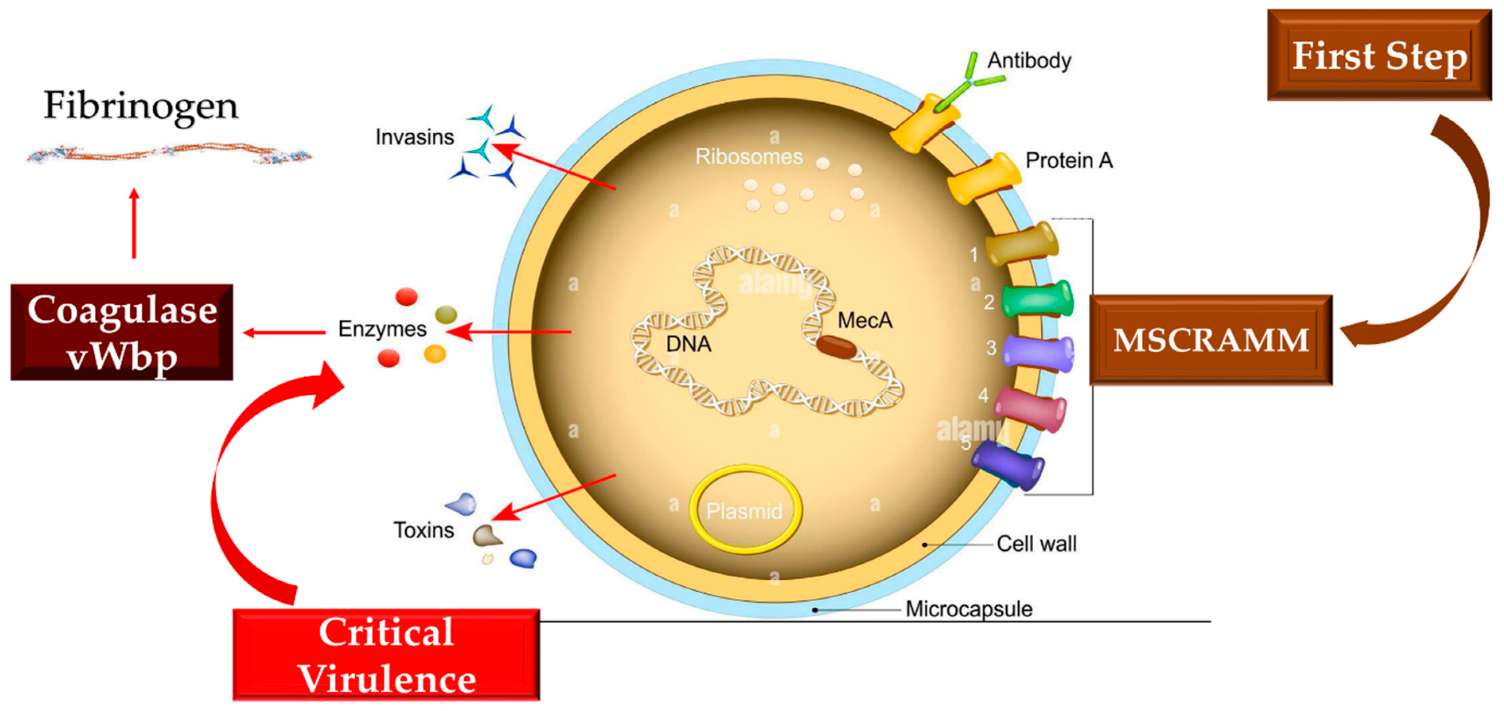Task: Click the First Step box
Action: [x=1379, y=55]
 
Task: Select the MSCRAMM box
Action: [x=1211, y=340]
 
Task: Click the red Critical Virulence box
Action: [x=386, y=655]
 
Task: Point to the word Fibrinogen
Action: [x=141, y=106]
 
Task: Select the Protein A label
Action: [x=1068, y=160]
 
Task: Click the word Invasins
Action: [x=415, y=137]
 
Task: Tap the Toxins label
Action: [x=423, y=530]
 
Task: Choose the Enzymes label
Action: [x=382, y=329]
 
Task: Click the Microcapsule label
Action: [x=968, y=609]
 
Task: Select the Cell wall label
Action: [x=1036, y=543]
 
